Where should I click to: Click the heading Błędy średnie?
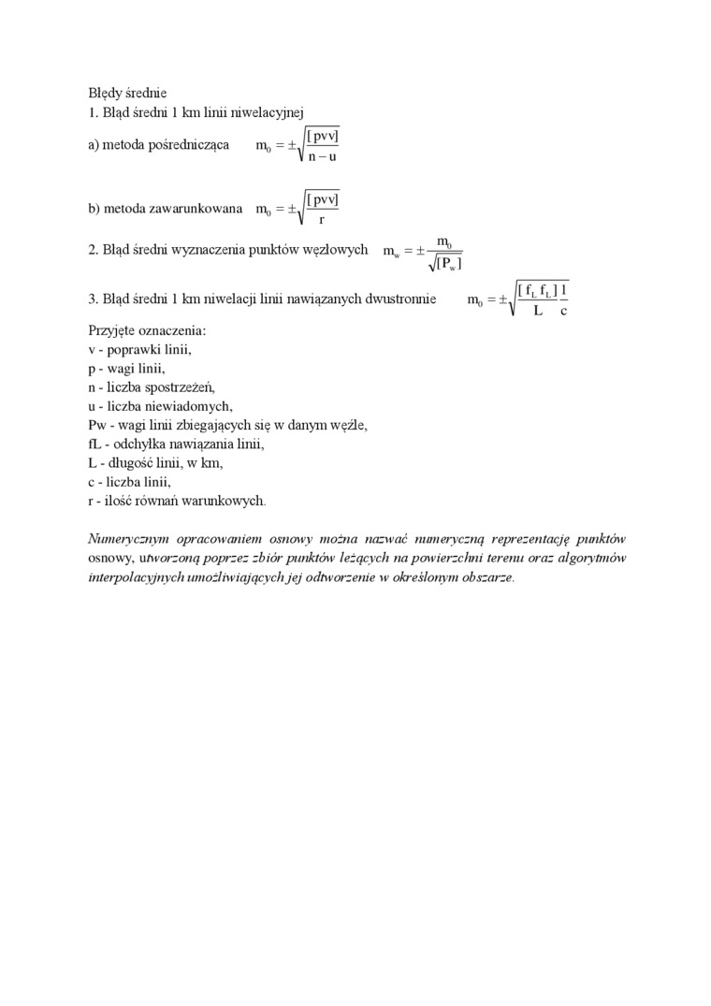pos(127,93)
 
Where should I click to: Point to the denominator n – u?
pos(322,157)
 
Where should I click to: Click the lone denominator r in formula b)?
pos(322,220)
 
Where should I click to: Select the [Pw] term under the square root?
pos(446,265)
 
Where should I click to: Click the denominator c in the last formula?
pos(564,311)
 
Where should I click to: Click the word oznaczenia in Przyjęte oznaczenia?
pos(175,331)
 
